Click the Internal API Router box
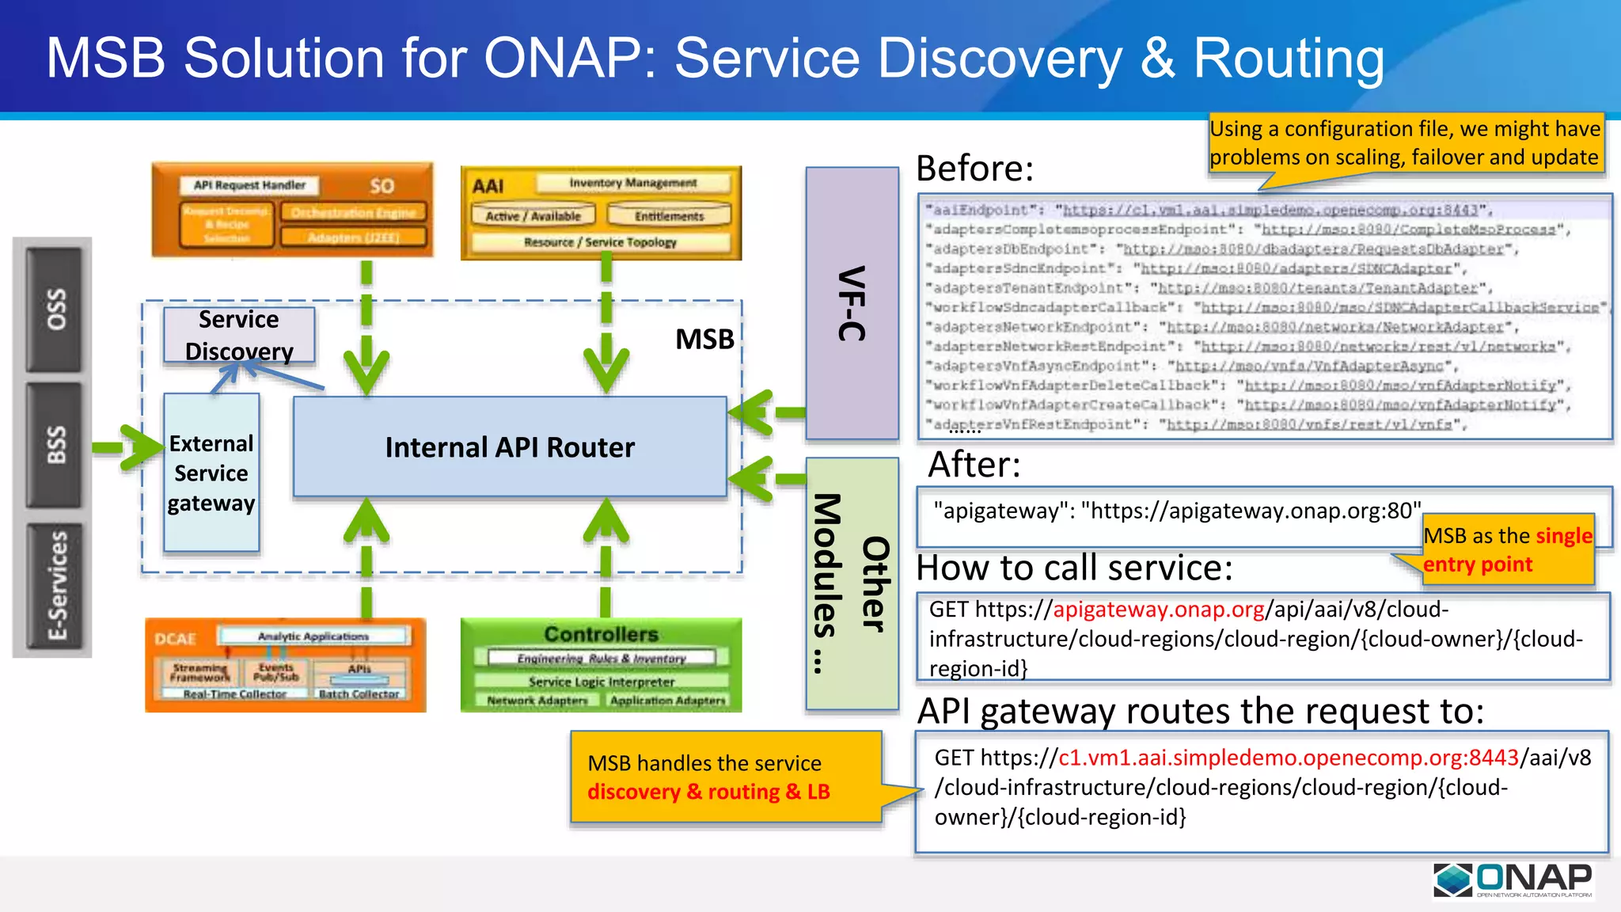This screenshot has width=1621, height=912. tap(510, 447)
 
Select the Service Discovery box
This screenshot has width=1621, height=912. tap(239, 335)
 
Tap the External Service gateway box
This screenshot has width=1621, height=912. tap(211, 473)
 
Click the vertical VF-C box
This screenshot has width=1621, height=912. tap(852, 303)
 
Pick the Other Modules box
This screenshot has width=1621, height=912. tap(852, 583)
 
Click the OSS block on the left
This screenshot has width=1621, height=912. tap(54, 310)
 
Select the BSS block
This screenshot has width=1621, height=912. tap(54, 445)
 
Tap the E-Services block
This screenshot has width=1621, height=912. tap(54, 586)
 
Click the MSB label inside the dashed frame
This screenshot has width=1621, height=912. tap(704, 340)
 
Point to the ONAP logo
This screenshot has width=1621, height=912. tap(1513, 880)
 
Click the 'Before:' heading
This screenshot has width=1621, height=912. tap(974, 169)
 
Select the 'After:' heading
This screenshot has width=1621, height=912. tap(974, 465)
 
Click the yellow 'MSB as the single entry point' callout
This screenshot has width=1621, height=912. tap(1507, 550)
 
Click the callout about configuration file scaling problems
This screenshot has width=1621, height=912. tap(1405, 143)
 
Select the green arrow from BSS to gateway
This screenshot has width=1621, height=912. tap(127, 447)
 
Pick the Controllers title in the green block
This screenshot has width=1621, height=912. tap(601, 634)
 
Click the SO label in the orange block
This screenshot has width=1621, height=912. tap(382, 186)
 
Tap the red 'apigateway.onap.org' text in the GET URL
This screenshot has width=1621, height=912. tap(1159, 610)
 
